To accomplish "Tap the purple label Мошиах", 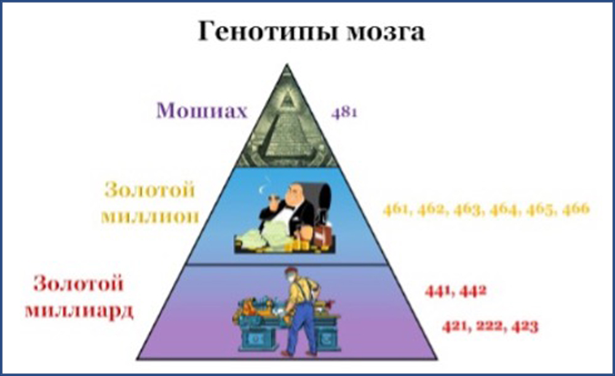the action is coord(202,111).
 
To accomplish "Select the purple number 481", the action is coord(344,113).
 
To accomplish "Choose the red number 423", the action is coord(525,326).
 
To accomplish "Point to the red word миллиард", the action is coord(79,311).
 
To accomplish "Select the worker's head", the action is coord(291,275).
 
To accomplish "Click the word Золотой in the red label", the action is coord(79,283).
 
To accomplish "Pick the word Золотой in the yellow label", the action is coord(150,190).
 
